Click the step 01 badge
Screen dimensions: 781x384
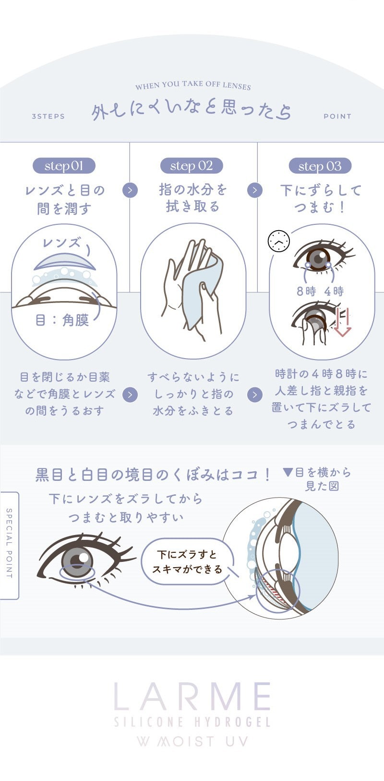[64, 166]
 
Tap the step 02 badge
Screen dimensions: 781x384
[192, 166]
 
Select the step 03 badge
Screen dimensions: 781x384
[320, 166]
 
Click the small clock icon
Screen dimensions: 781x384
[279, 241]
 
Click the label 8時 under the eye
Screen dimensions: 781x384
[306, 291]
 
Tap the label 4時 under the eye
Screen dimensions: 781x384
[334, 291]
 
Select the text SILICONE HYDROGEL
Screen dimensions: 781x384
[192, 722]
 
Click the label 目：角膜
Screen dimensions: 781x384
[62, 320]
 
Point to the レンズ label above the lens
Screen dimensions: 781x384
[61, 242]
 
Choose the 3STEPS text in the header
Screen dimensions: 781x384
[48, 116]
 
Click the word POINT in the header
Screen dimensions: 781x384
[337, 116]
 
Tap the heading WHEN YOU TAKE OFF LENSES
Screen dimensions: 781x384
[192, 86]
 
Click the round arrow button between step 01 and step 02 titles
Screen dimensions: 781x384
[130, 190]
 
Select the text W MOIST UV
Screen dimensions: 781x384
[192, 741]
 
